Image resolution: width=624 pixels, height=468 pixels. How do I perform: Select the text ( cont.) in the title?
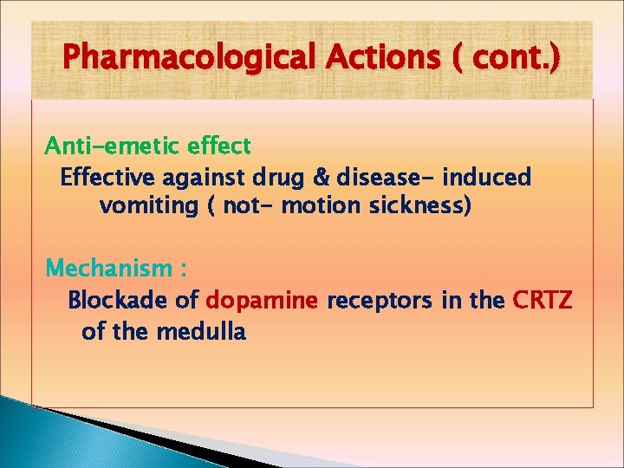click(506, 59)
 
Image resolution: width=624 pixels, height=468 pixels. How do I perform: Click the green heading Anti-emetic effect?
click(148, 145)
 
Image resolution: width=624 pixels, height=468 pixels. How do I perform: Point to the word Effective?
click(107, 178)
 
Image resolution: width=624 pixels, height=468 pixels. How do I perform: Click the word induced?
click(487, 178)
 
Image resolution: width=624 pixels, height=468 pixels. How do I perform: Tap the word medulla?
click(201, 330)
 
